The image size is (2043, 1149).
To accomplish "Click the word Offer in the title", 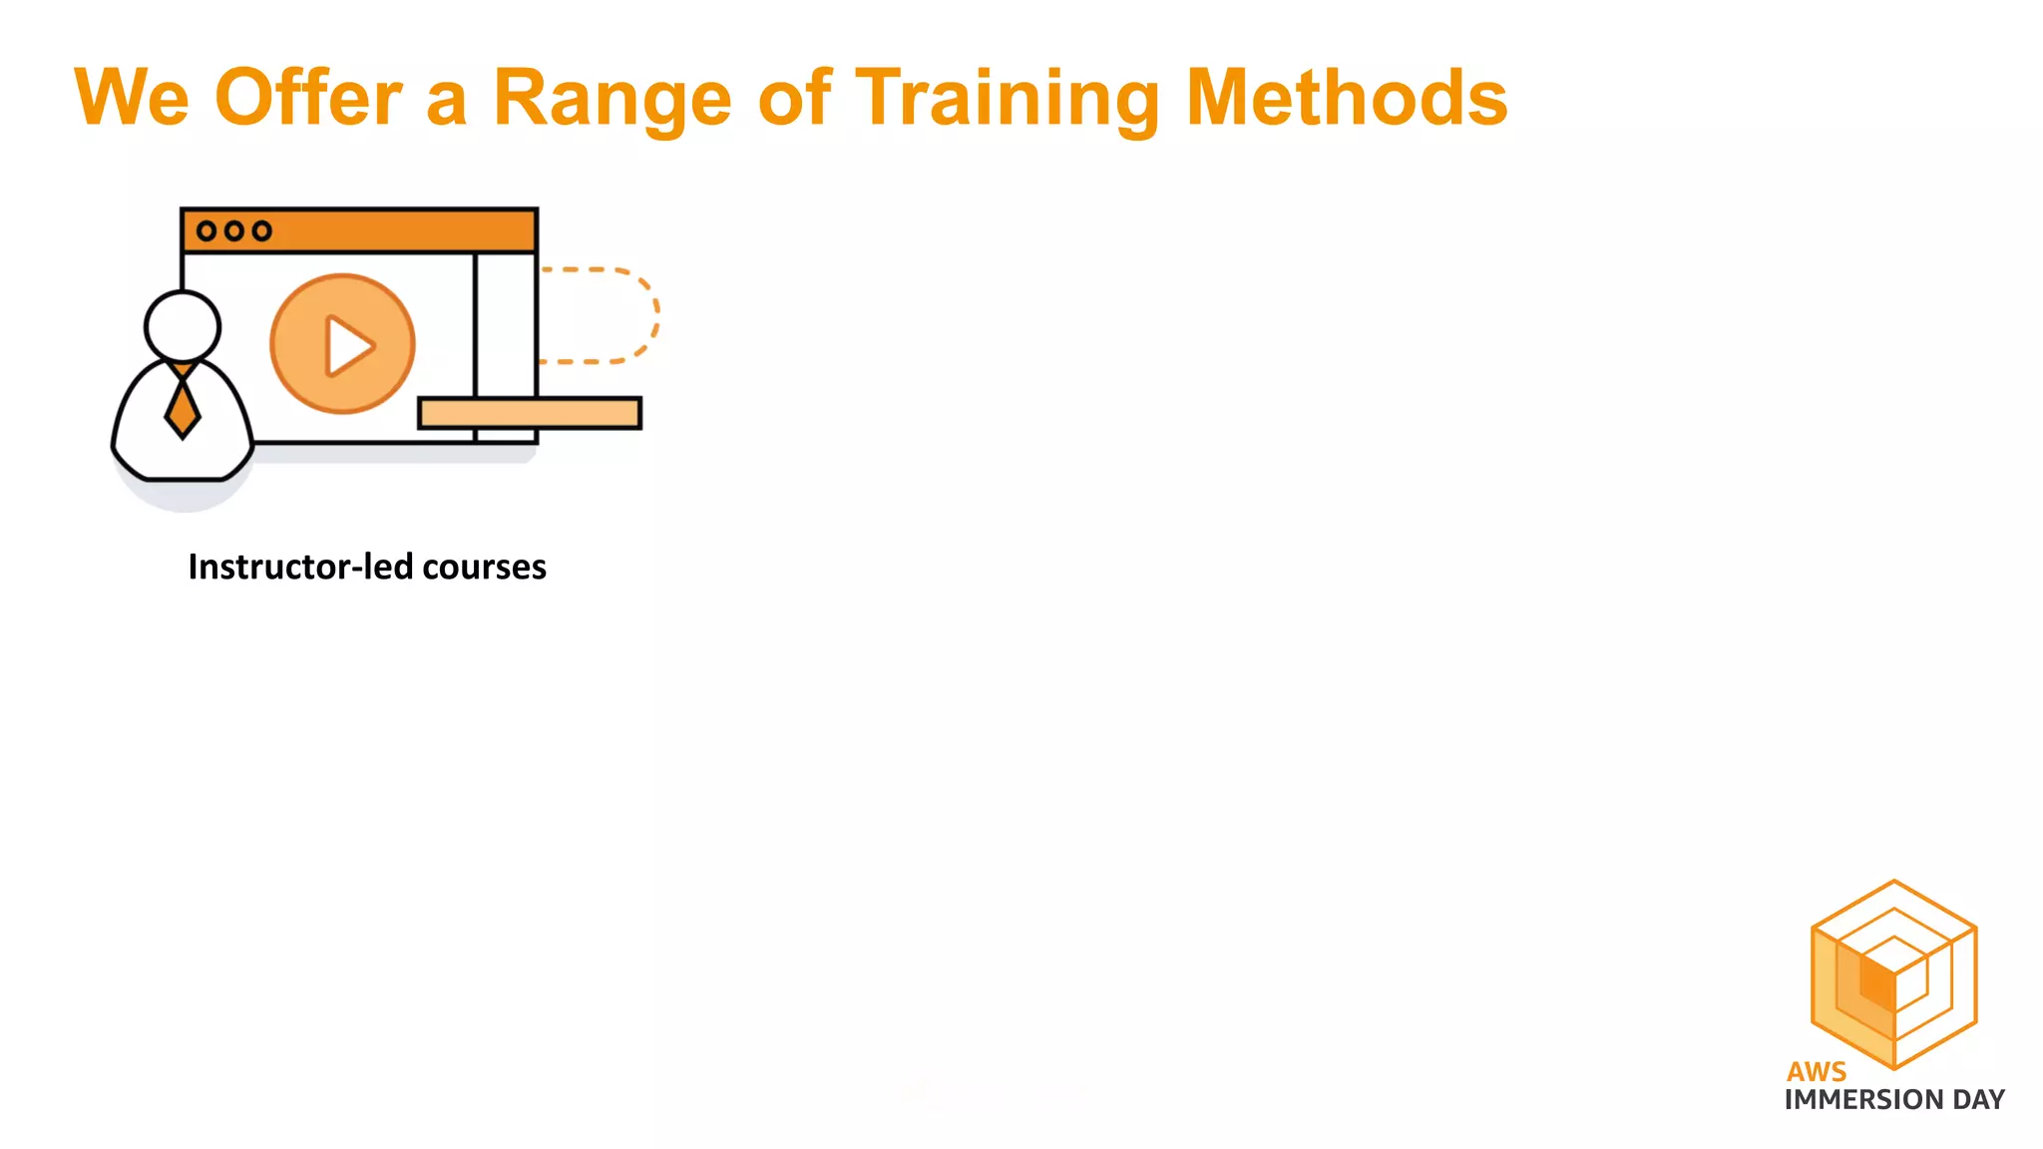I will (308, 98).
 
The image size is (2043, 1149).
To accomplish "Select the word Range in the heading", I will (613, 100).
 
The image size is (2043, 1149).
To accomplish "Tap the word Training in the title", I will (1008, 100).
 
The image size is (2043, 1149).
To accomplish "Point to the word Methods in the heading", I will (1347, 98).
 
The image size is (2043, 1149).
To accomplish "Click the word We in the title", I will (132, 98).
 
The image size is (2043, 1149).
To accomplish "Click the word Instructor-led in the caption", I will (300, 567).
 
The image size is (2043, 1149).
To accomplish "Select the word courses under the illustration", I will (484, 568).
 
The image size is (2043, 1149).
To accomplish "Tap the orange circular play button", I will (343, 344).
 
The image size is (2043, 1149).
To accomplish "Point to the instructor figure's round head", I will (182, 326).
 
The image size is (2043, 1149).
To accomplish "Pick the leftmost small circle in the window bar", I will (206, 231).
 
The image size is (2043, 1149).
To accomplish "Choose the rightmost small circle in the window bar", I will (261, 231).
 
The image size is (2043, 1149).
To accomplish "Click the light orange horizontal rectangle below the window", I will (530, 413).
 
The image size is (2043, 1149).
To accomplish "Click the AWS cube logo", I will (1893, 972).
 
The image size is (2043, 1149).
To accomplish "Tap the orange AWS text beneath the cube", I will (1816, 1071).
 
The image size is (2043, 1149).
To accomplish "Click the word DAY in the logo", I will (1978, 1099).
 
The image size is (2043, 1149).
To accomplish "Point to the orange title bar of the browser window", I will (399, 231).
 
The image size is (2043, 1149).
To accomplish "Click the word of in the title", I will (794, 98).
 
